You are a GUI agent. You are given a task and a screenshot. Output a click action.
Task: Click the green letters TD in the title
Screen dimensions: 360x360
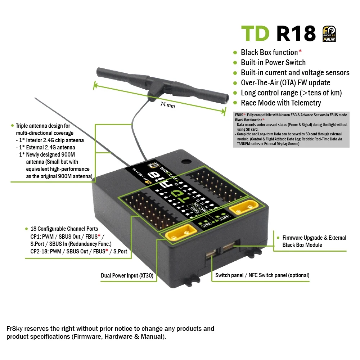pos(255,33)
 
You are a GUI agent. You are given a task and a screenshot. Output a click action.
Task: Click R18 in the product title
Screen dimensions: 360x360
pos(296,33)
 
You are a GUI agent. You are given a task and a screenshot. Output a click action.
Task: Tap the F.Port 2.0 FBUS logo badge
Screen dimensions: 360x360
pos(329,33)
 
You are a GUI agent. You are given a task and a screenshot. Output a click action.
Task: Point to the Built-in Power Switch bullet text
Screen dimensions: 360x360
pos(273,63)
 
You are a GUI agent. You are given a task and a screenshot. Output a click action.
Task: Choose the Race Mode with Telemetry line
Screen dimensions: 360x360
pos(281,103)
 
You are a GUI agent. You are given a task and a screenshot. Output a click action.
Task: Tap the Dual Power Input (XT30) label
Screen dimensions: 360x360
pos(127,275)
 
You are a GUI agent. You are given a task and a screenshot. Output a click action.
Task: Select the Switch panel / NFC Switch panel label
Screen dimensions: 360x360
pos(262,275)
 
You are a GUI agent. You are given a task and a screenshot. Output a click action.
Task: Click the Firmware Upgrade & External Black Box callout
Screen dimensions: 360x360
pos(314,241)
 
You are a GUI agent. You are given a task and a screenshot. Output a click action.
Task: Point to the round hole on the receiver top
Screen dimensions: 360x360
pos(186,162)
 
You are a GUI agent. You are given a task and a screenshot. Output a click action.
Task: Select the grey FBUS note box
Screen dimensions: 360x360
pos(291,129)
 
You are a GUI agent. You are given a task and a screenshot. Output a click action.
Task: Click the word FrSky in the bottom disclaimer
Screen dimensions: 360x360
pos(15,329)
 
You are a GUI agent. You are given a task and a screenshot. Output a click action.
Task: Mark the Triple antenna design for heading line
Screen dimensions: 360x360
pos(43,126)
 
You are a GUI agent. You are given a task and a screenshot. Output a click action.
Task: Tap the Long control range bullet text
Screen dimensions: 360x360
pos(291,93)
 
